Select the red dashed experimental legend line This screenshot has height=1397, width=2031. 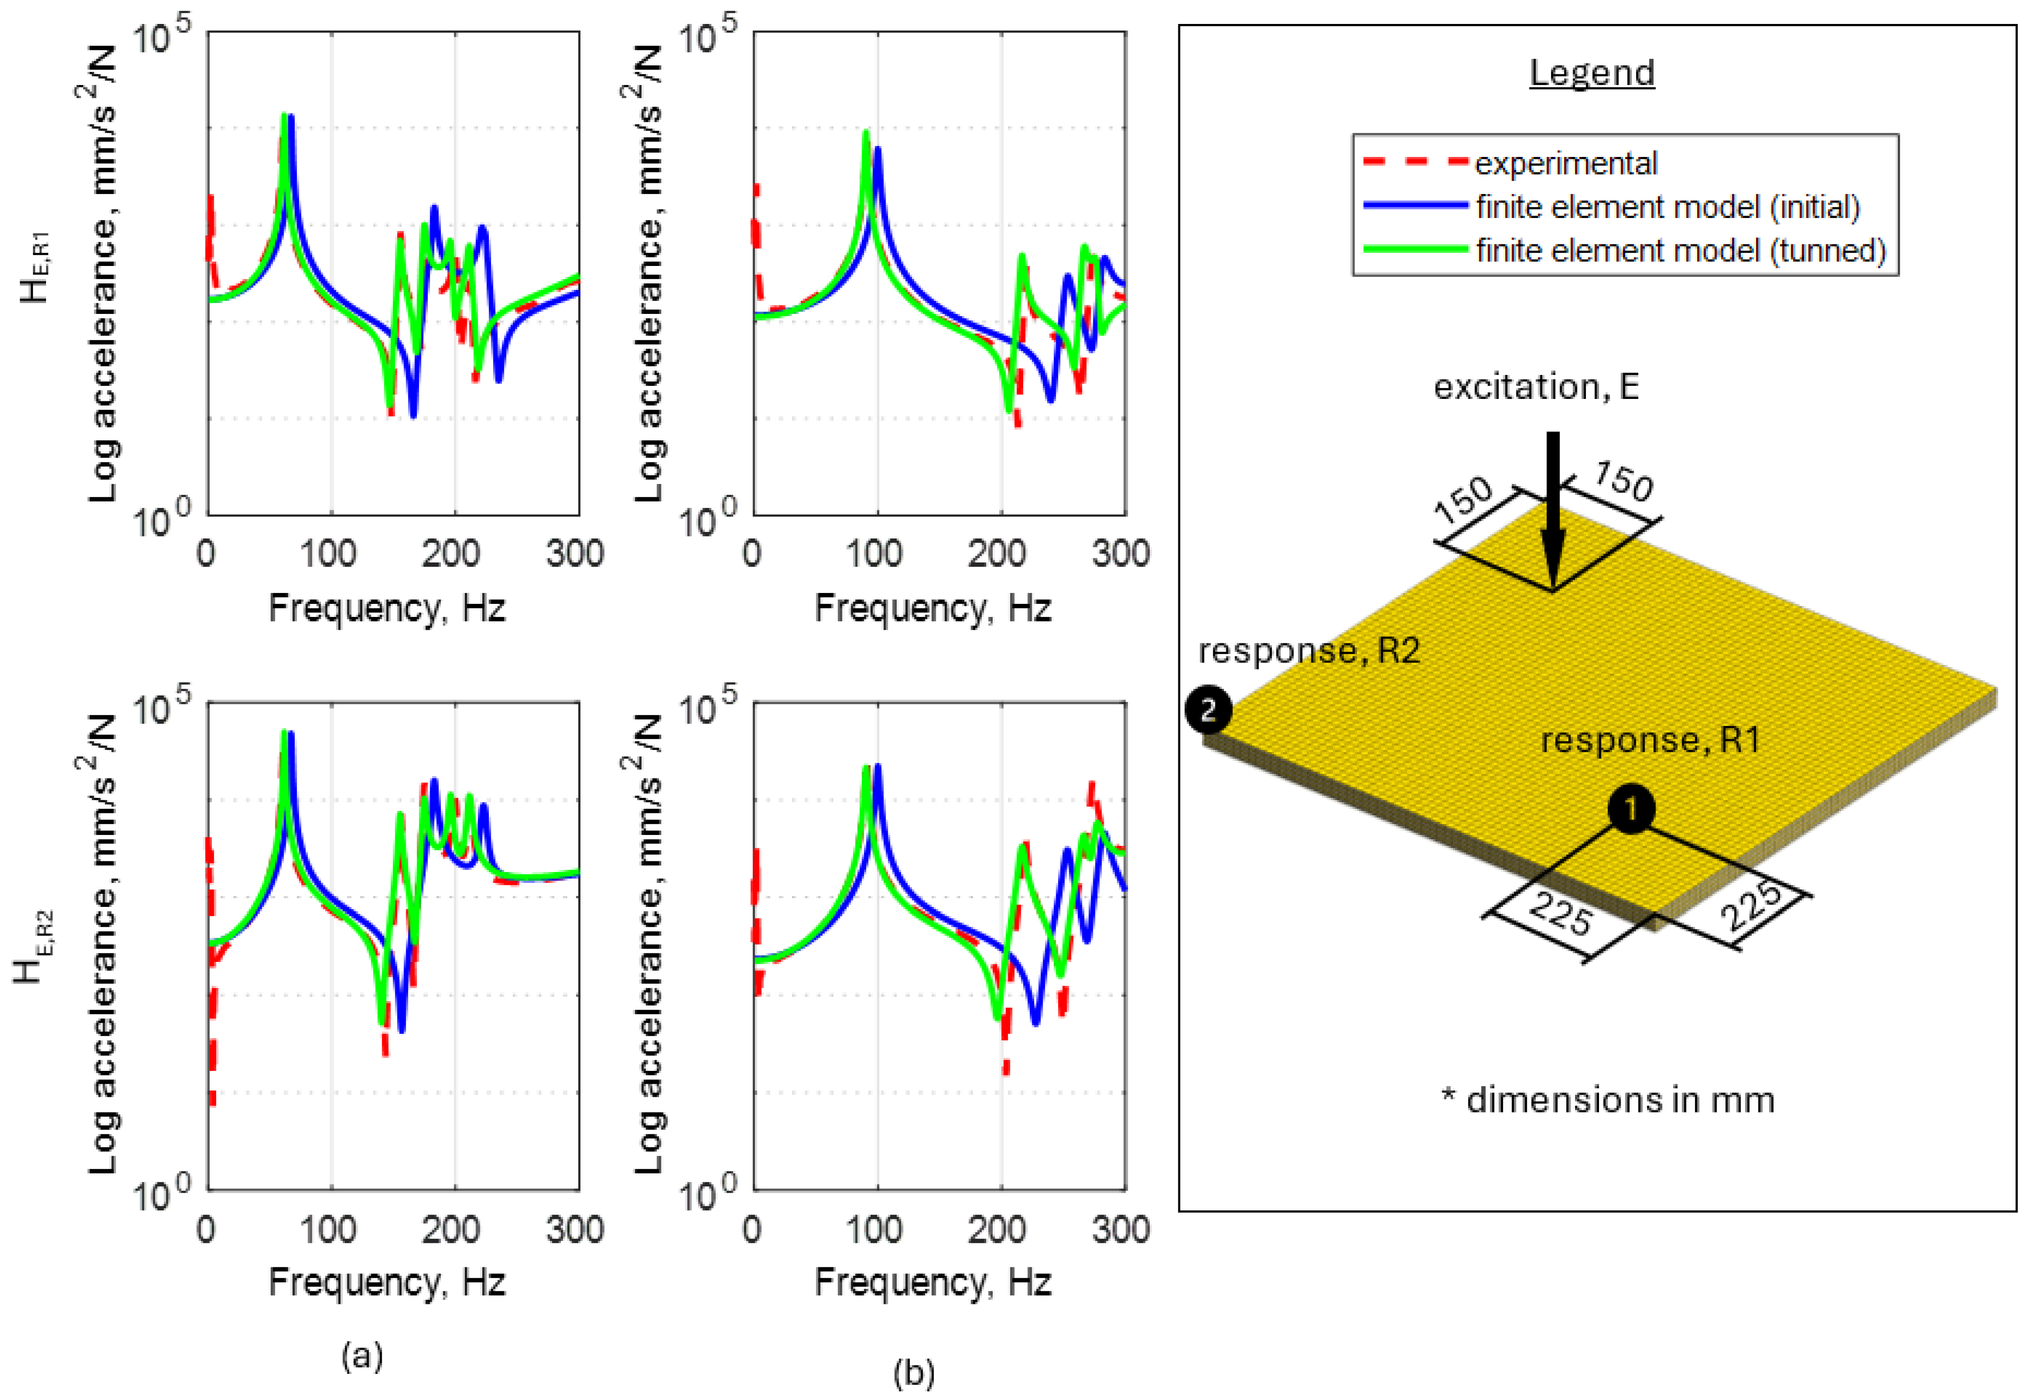point(1414,162)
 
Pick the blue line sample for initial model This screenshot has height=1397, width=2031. point(1414,206)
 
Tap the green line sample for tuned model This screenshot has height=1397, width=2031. point(1414,250)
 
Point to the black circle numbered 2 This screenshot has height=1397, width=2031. point(1208,710)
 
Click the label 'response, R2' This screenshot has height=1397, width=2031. point(1308,650)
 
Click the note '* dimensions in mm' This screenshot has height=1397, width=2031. point(1608,1100)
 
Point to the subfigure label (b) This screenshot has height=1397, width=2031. point(913,1372)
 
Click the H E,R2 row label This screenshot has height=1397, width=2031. point(34,945)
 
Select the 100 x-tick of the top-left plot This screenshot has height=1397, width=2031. point(329,554)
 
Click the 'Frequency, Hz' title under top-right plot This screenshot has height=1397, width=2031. point(933,608)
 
